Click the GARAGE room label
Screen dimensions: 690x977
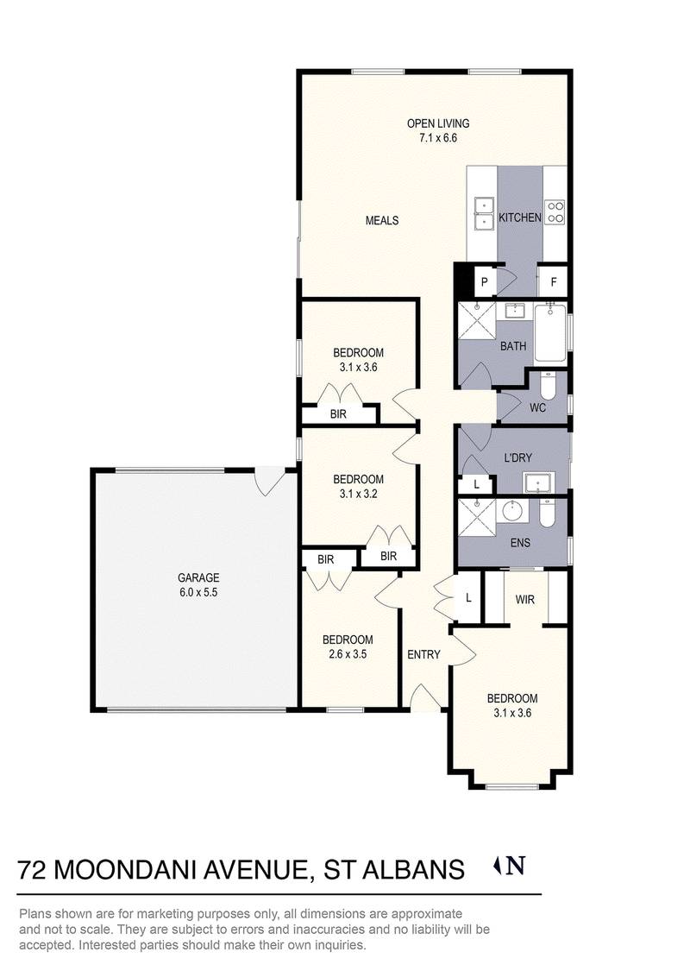198,577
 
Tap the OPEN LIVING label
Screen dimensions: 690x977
438,123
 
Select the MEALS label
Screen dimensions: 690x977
382,220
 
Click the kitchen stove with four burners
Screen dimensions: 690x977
555,211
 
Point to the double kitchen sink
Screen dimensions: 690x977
483,214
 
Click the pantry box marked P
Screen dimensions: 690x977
485,283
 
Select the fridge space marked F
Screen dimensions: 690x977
553,282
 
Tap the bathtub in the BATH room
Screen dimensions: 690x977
550,333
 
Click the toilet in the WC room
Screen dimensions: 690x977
548,387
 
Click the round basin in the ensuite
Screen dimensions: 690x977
515,511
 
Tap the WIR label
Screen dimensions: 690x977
525,600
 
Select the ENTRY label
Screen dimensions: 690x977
423,654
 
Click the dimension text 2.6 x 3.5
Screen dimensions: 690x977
348,654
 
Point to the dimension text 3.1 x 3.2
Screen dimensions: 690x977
358,494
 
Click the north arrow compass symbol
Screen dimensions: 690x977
510,866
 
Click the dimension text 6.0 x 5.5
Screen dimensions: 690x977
198,592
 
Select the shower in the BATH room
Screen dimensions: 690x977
477,321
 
